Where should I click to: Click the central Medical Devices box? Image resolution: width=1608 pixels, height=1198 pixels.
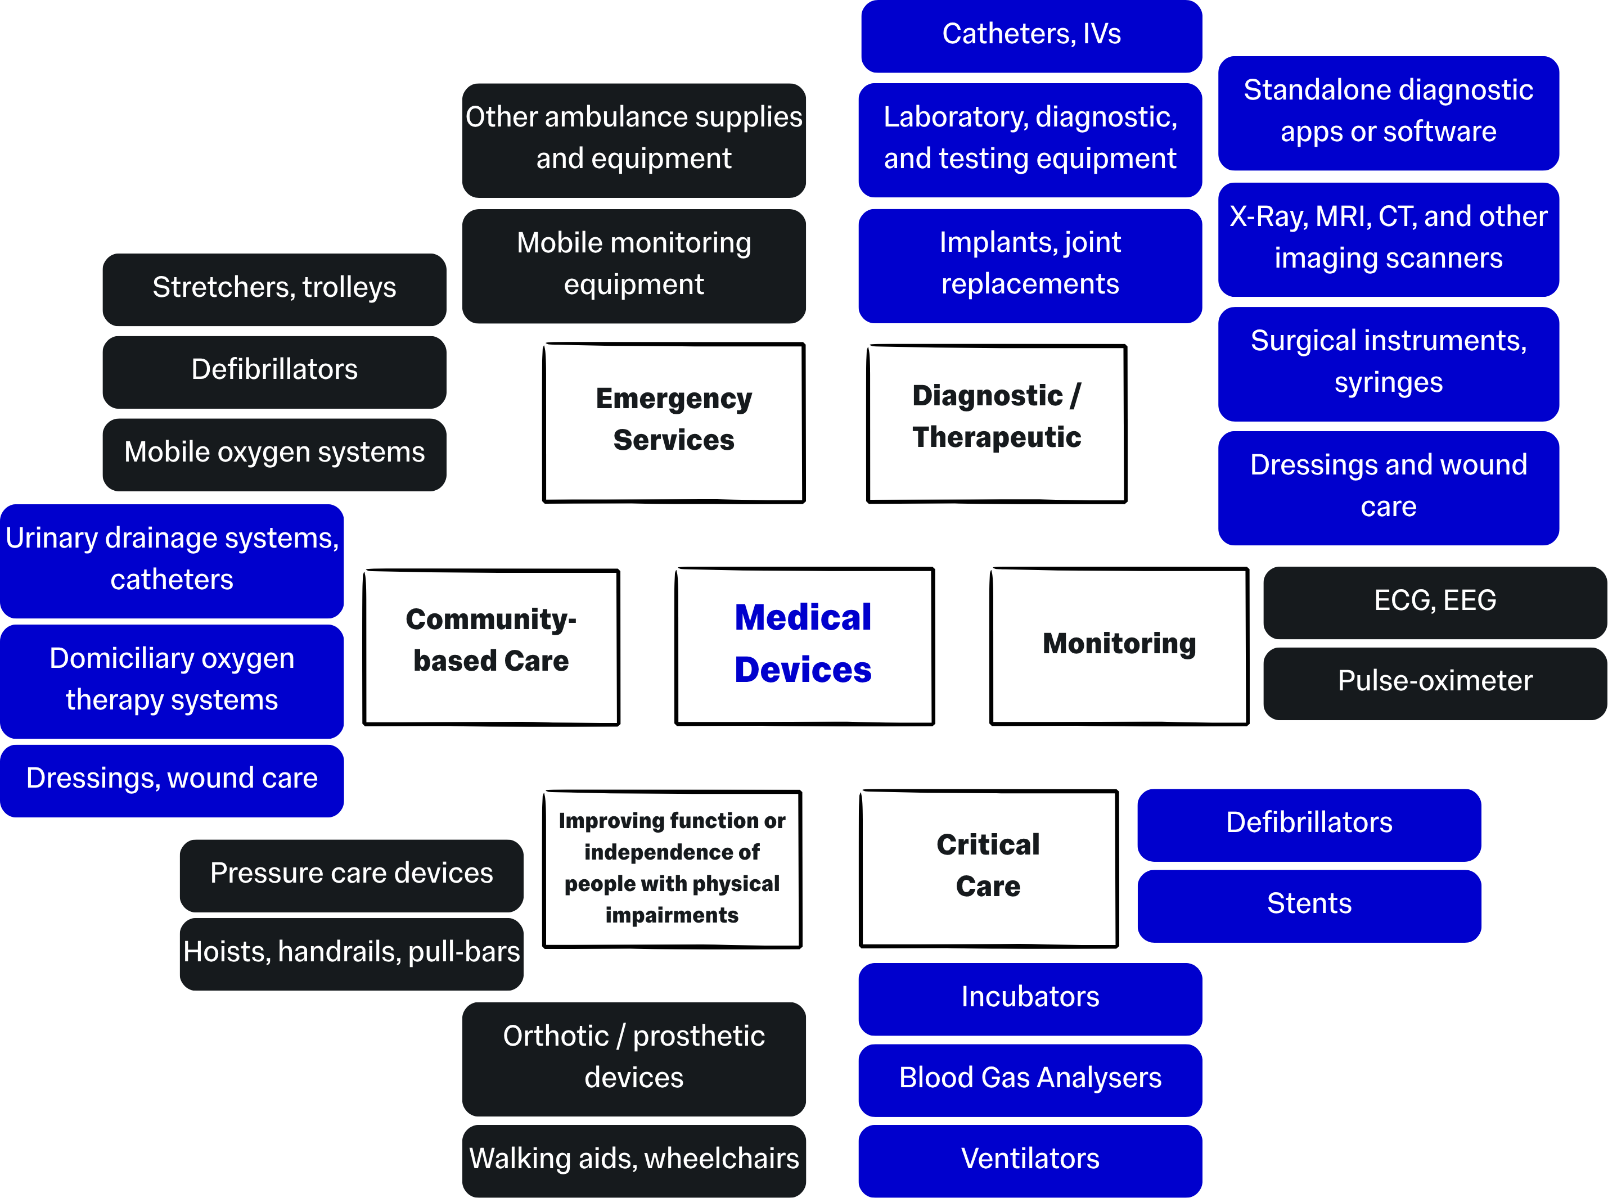pyautogui.click(x=804, y=645)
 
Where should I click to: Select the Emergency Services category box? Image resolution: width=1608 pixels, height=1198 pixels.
pyautogui.click(x=674, y=422)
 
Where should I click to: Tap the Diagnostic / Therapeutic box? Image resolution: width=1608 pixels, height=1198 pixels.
pyautogui.click(x=997, y=423)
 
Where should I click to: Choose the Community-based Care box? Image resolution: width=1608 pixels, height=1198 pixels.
pyautogui.click(x=491, y=646)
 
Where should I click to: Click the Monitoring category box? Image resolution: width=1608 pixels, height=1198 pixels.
pyautogui.click(x=1119, y=645)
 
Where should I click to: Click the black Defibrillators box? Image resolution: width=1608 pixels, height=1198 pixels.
pyautogui.click(x=274, y=370)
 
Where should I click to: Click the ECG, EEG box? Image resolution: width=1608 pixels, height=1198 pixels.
pyautogui.click(x=1434, y=601)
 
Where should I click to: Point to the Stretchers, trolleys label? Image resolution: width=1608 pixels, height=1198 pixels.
pyautogui.click(x=274, y=288)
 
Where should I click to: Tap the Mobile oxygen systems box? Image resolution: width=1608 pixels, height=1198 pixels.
pyautogui.click(x=274, y=453)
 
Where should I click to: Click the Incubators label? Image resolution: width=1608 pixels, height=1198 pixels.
pyautogui.click(x=1029, y=998)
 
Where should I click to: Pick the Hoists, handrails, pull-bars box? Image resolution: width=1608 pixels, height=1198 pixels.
pyautogui.click(x=351, y=953)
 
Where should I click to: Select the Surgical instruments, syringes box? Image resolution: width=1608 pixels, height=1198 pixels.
pyautogui.click(x=1388, y=363)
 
